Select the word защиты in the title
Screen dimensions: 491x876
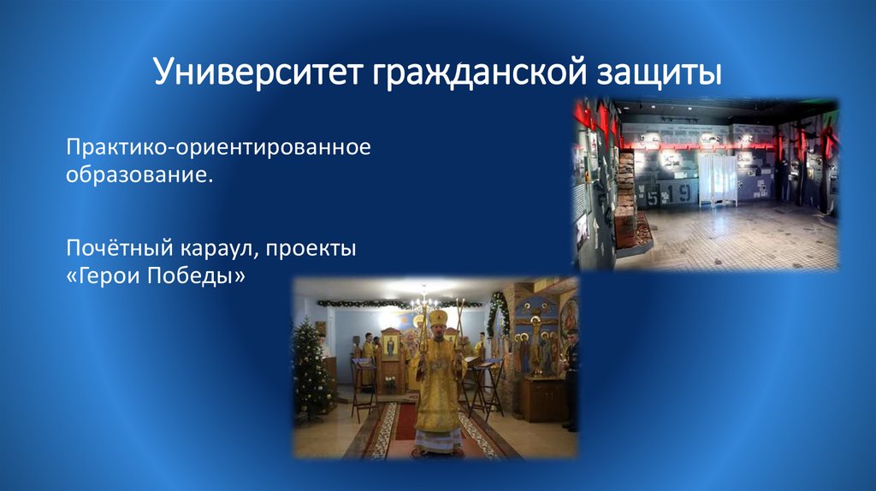coord(653,72)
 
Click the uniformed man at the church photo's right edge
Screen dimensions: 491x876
coord(571,376)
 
